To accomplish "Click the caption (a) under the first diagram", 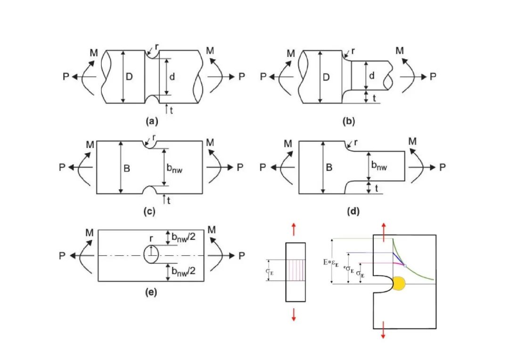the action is tap(152, 122).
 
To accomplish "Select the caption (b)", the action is tap(349, 122).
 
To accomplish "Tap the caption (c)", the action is tap(149, 212).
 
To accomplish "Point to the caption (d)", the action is tap(353, 212).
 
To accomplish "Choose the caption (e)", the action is tap(151, 292).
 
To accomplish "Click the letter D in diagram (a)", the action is tap(129, 77).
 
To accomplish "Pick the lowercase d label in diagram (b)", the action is tap(372, 76).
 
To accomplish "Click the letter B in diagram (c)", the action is tap(127, 168).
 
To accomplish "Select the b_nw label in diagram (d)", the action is tap(379, 165).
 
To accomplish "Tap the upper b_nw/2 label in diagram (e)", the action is tap(183, 237).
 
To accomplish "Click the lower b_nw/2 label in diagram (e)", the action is tap(183, 271).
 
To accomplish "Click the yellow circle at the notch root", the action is tap(399, 284).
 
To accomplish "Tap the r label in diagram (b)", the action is tap(353, 51).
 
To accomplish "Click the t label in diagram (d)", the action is tap(376, 188).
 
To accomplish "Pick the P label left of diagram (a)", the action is tap(66, 77).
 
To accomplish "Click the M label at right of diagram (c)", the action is tap(210, 142).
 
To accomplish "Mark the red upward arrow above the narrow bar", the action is tap(294, 229).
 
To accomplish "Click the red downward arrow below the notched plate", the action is tap(383, 330).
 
